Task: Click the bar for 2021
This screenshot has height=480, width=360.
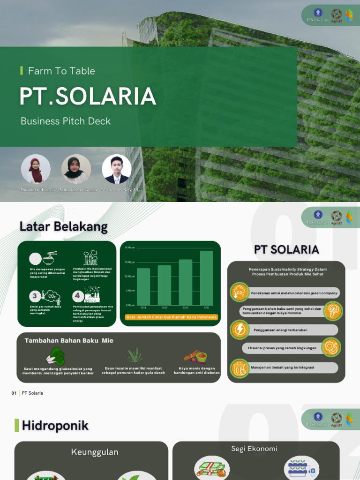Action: [206, 277]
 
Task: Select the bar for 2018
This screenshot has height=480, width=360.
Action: [143, 286]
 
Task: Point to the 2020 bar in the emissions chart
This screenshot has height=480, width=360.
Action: [185, 282]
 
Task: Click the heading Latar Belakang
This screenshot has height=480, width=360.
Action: [63, 227]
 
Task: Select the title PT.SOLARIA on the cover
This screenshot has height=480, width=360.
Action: [88, 96]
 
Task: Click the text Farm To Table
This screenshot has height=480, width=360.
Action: [61, 71]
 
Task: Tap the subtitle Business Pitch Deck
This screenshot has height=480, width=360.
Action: [66, 121]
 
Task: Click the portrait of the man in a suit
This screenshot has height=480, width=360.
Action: [116, 169]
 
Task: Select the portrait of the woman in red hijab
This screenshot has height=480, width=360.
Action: [36, 169]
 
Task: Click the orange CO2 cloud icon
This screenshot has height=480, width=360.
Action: [240, 292]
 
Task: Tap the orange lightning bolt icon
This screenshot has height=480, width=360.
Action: [240, 330]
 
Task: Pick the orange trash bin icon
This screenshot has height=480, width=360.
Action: [240, 367]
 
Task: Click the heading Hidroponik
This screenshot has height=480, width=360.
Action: [55, 426]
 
